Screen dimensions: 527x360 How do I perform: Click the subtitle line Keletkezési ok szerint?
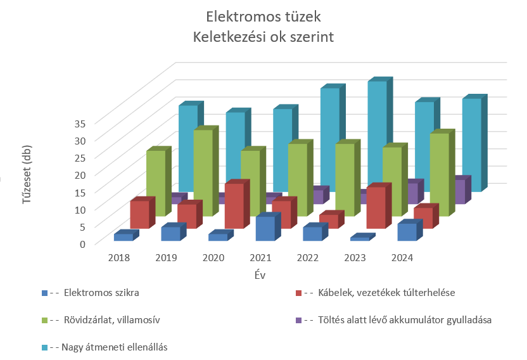263,37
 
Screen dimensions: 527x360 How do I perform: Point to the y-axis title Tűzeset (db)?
26,174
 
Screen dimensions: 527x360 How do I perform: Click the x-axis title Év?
260,275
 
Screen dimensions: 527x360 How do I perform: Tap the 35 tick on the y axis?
80,124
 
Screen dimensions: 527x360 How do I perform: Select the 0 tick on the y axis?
83,244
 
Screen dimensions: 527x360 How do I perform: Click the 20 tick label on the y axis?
80,175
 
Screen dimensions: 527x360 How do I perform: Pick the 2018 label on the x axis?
119,258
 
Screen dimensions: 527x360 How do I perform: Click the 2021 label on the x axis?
260,258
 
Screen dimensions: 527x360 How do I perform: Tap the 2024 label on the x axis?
402,258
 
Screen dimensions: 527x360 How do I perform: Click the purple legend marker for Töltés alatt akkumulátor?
299,320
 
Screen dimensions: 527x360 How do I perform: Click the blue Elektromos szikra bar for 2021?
265,228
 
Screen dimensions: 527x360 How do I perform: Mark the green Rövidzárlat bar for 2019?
203,172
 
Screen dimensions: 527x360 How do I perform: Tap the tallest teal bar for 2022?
378,136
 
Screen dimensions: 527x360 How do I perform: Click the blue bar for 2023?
360,238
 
